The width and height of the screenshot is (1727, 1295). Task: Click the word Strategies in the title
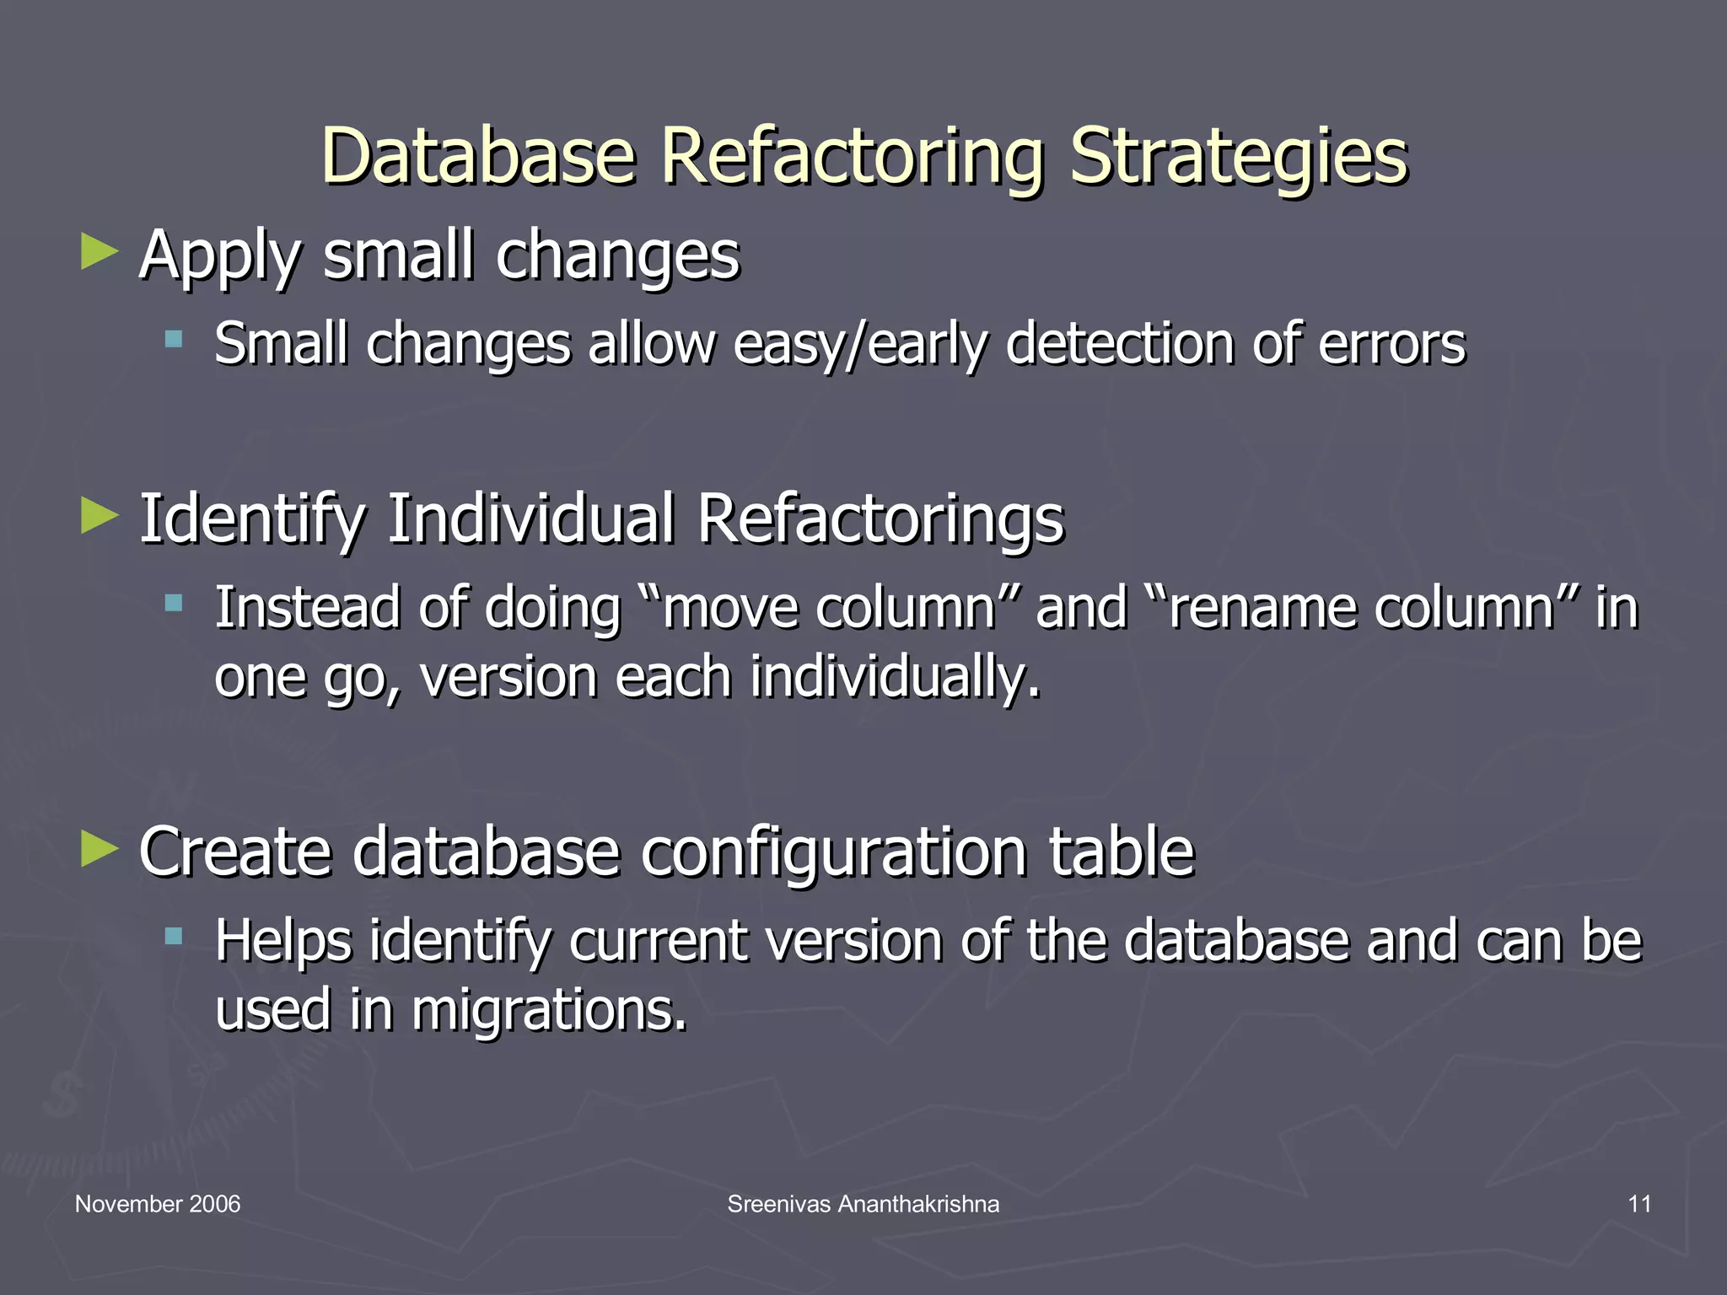pyautogui.click(x=1238, y=158)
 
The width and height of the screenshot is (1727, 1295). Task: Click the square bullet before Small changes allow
pyautogui.click(x=174, y=340)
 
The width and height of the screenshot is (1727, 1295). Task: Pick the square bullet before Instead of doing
pyautogui.click(x=174, y=603)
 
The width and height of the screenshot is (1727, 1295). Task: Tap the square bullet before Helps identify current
pyautogui.click(x=174, y=936)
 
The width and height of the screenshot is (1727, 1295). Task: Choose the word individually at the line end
pyautogui.click(x=894, y=678)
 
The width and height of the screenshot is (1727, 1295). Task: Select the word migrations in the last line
pyautogui.click(x=548, y=1010)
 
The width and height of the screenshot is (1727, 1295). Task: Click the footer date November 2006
pyautogui.click(x=158, y=1204)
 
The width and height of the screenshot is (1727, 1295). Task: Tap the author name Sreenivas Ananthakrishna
pyautogui.click(x=863, y=1204)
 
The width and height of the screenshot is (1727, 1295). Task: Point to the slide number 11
pyautogui.click(x=1639, y=1204)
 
